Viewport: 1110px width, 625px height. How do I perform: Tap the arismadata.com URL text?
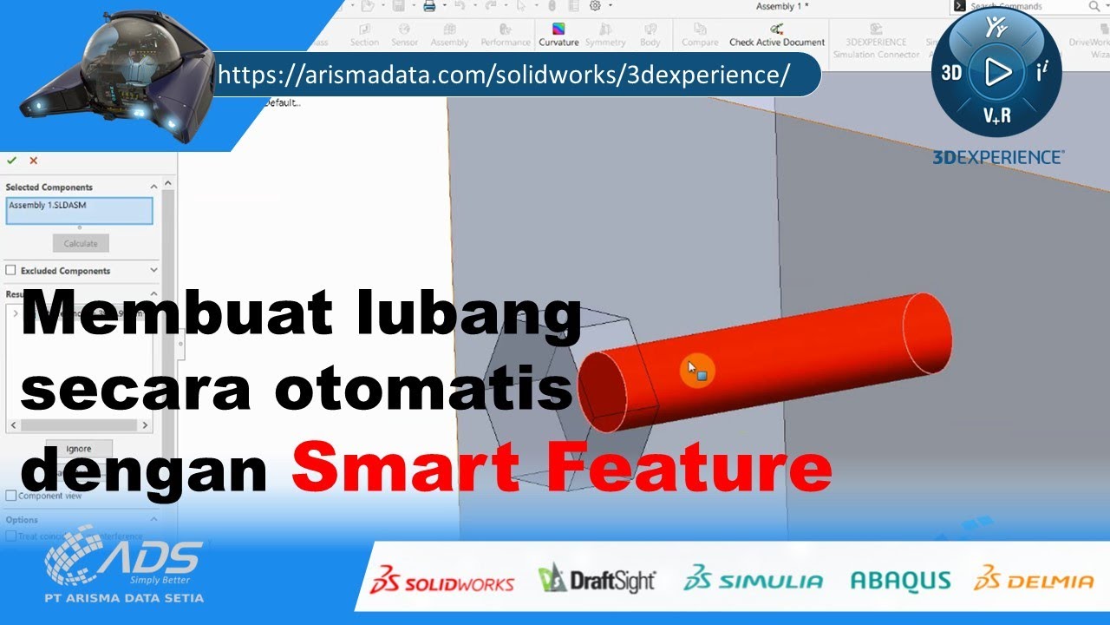[503, 75]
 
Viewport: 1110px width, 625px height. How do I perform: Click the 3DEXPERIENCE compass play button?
[997, 72]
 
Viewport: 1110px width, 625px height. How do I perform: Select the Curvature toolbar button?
[558, 35]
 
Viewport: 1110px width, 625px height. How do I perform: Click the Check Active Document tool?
[777, 35]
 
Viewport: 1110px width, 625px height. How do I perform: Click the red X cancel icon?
[34, 161]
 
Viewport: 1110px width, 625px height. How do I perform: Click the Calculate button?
[81, 243]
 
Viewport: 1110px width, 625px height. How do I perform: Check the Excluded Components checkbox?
[11, 271]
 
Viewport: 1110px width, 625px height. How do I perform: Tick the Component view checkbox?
[11, 496]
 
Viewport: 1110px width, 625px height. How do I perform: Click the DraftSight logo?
[597, 580]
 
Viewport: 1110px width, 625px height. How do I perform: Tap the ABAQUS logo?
[900, 580]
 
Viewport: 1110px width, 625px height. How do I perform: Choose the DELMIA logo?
[1034, 580]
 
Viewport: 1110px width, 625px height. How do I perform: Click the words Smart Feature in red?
[561, 469]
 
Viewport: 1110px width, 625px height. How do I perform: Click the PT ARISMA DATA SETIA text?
[124, 598]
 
